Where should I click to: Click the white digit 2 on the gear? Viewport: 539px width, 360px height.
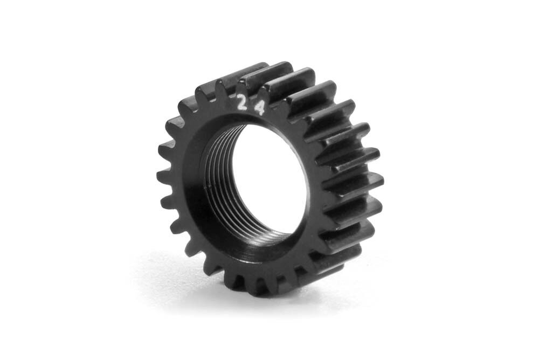[x=244, y=102]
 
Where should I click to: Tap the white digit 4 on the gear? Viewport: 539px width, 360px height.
[x=260, y=108]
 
